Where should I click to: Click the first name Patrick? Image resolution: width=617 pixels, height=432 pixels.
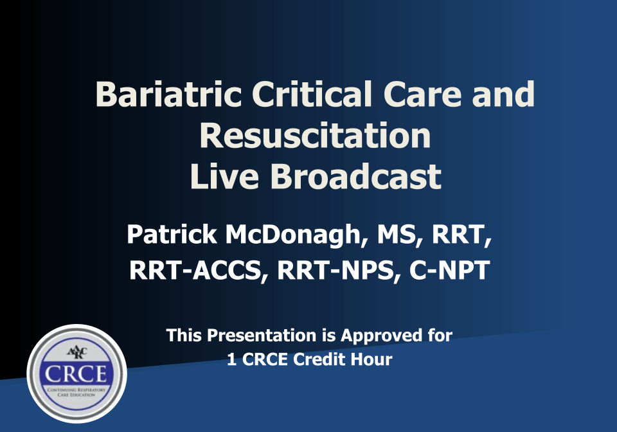[172, 234]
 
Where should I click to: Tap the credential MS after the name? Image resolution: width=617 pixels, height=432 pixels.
[397, 234]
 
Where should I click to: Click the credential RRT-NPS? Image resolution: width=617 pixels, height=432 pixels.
[331, 271]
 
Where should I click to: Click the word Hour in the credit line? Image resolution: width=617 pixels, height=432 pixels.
[372, 359]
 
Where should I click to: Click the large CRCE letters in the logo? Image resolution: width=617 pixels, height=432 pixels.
[76, 375]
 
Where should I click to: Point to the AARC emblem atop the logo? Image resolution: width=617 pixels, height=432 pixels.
[76, 353]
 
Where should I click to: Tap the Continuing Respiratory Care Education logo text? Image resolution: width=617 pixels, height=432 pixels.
[76, 393]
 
